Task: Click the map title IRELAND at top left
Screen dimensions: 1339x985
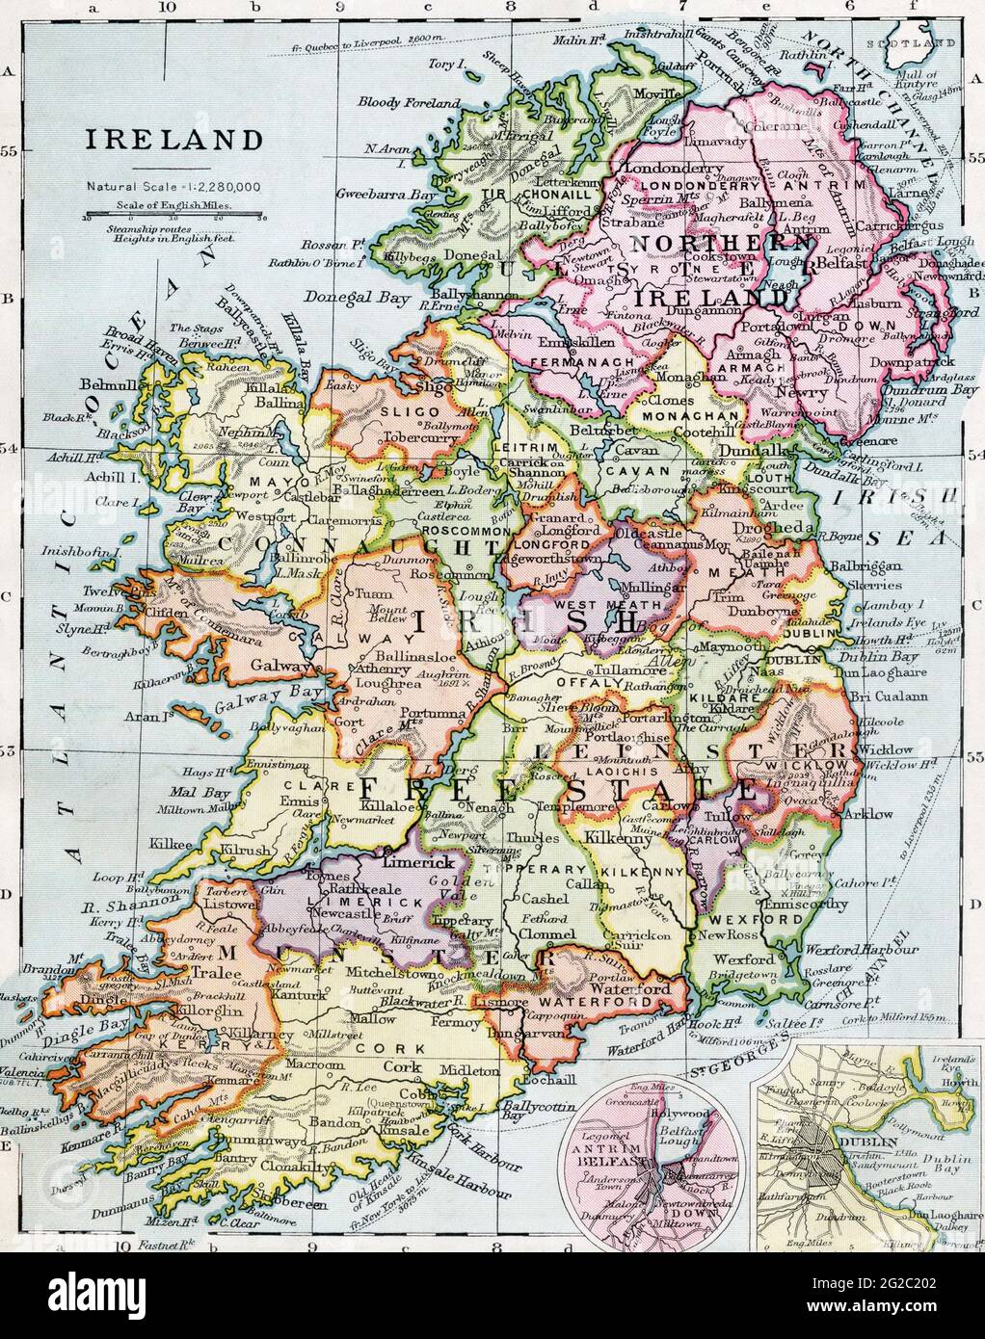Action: pyautogui.click(x=175, y=139)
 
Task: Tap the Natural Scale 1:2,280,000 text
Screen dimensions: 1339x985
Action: pyautogui.click(x=174, y=187)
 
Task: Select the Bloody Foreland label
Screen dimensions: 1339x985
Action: pyautogui.click(x=409, y=102)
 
